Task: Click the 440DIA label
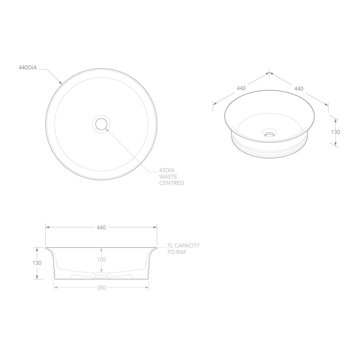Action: [x=28, y=67]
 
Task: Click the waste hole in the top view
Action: [x=101, y=124]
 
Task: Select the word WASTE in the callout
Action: [x=168, y=177]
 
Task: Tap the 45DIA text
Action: [x=167, y=171]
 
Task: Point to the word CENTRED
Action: [x=171, y=183]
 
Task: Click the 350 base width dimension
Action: [x=101, y=288]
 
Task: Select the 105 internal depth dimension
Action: [x=101, y=260]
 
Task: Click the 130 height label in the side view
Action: [x=37, y=263]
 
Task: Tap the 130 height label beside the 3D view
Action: [x=335, y=131]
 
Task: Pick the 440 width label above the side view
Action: [x=101, y=227]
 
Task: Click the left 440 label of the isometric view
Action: [x=241, y=88]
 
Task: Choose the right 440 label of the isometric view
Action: [x=298, y=88]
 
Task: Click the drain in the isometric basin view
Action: [x=269, y=134]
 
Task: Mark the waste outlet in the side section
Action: [x=101, y=276]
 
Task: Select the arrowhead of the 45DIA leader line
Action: [x=107, y=129]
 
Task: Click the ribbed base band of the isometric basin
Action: [x=269, y=147]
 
